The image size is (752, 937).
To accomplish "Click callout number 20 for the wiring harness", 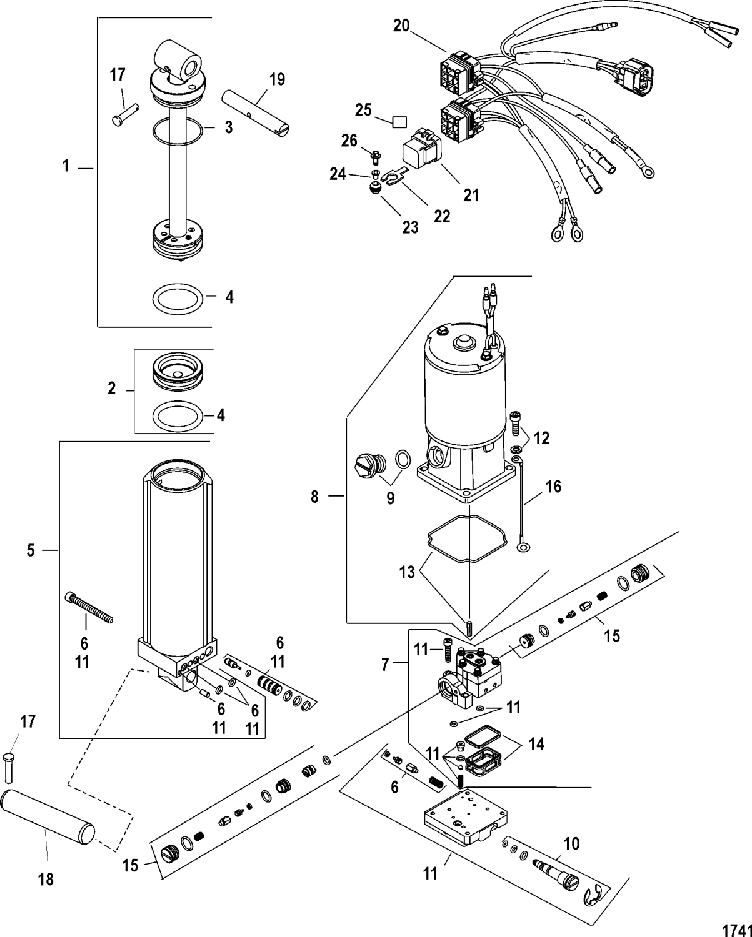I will [x=401, y=26].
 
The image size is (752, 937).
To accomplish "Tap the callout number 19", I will [x=276, y=79].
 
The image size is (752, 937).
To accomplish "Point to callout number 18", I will [x=46, y=879].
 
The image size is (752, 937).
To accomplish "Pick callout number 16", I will [x=553, y=486].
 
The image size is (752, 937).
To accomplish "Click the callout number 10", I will [x=571, y=844].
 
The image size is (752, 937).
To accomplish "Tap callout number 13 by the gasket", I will [x=407, y=572].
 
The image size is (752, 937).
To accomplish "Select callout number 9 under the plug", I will [x=391, y=498].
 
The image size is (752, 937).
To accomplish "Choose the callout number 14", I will [x=535, y=744].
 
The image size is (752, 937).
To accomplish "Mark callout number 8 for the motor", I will [x=314, y=497].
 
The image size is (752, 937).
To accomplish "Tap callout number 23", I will [x=410, y=227].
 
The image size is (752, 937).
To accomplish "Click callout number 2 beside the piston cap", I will [x=111, y=389].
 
